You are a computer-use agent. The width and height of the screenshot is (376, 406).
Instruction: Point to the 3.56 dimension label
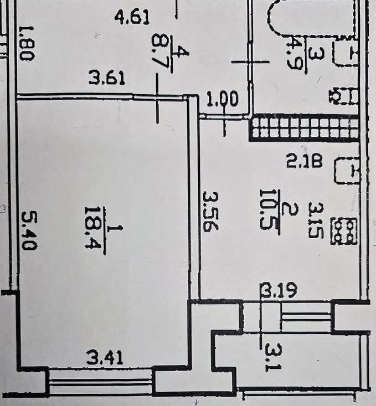(208, 211)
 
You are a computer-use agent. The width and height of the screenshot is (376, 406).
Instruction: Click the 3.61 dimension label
(107, 79)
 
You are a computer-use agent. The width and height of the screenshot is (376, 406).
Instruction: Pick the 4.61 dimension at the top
(132, 18)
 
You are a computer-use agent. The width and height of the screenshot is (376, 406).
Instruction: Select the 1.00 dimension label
(222, 100)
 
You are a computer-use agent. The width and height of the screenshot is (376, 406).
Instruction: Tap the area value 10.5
(267, 212)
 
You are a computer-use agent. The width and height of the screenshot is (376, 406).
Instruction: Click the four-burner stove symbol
(344, 231)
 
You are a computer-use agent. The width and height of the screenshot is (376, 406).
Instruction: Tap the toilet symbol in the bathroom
(342, 95)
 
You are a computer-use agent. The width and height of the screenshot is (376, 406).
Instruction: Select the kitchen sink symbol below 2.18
(347, 170)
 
